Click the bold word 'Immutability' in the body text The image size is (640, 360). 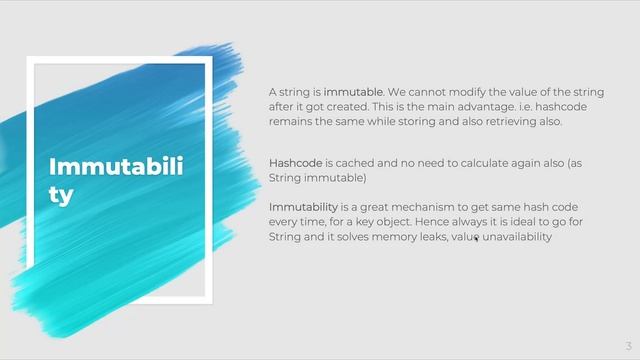pyautogui.click(x=303, y=207)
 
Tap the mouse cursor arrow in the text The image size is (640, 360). pyautogui.click(x=476, y=238)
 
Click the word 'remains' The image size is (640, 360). pyautogui.click(x=292, y=122)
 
